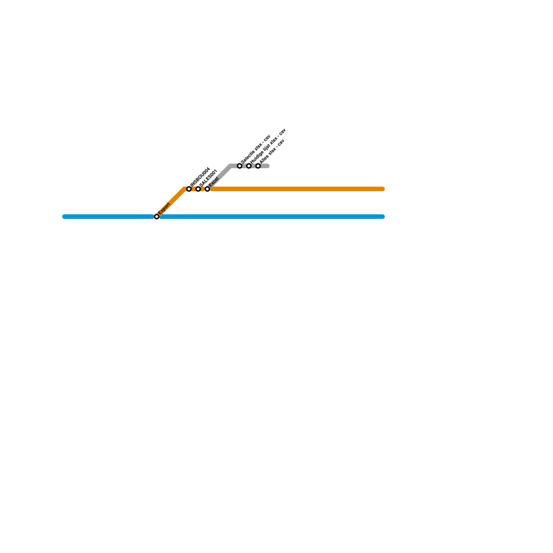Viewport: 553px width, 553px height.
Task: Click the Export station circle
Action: (x=157, y=217)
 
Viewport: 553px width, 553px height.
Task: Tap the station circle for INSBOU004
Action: (x=189, y=189)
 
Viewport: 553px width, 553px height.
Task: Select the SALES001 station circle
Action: (x=198, y=189)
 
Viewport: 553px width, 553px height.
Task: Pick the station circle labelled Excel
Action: (x=207, y=189)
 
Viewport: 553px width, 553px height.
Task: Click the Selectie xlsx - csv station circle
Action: (x=240, y=166)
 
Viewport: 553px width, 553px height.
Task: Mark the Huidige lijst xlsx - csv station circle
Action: (x=249, y=166)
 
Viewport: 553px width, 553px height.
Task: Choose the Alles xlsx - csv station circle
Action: (x=258, y=166)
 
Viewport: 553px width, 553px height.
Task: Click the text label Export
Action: (x=164, y=209)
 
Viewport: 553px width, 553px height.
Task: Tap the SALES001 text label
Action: (x=209, y=178)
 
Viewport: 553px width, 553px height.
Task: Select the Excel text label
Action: (x=214, y=182)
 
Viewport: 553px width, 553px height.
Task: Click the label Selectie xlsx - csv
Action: (x=255, y=149)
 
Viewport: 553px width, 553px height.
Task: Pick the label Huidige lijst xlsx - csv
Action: (x=268, y=146)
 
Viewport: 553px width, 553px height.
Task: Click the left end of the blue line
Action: (x=64, y=217)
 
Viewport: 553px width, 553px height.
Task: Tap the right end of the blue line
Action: (x=383, y=217)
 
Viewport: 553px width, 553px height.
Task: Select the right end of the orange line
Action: (x=383, y=189)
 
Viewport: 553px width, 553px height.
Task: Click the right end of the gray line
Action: (x=267, y=166)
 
